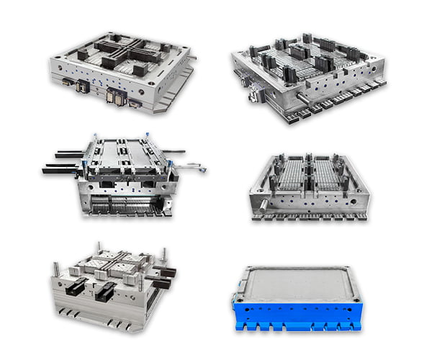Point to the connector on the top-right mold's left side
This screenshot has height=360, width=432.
pyautogui.click(x=253, y=94)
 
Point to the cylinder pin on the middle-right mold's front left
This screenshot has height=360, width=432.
pyautogui.click(x=264, y=204)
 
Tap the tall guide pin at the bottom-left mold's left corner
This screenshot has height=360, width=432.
pyautogui.click(x=55, y=269)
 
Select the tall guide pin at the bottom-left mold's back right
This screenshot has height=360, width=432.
pyautogui.click(x=163, y=254)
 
